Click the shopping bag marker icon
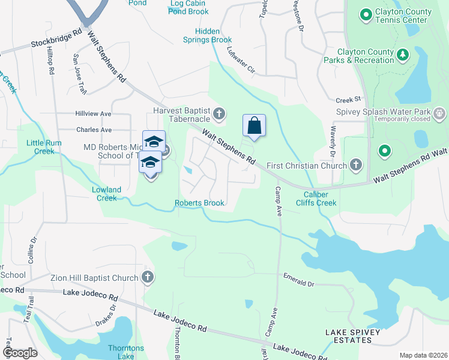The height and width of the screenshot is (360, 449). [255, 126]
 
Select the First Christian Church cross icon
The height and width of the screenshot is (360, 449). [356, 165]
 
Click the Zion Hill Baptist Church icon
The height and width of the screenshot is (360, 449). [148, 277]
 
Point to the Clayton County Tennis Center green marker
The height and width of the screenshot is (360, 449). [366, 14]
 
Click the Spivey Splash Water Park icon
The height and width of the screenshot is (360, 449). [439, 112]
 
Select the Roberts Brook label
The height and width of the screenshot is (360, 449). [199, 203]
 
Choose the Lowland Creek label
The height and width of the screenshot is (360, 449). [106, 194]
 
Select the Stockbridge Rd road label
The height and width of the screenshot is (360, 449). [56, 40]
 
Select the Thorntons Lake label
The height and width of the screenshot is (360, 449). [125, 352]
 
